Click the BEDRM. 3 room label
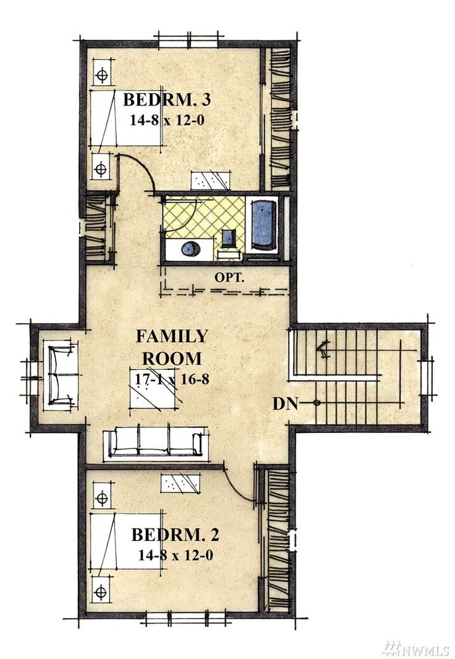click(x=166, y=100)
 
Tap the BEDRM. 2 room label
click(x=175, y=535)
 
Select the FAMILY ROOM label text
click(x=172, y=347)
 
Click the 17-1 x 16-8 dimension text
click(x=172, y=379)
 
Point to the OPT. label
click(x=229, y=277)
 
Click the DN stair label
click(x=285, y=404)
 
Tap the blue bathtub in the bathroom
click(x=264, y=226)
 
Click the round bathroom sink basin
click(x=191, y=248)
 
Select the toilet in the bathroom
click(x=229, y=239)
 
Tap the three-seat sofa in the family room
click(x=155, y=443)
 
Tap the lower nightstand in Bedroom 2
click(x=101, y=591)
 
